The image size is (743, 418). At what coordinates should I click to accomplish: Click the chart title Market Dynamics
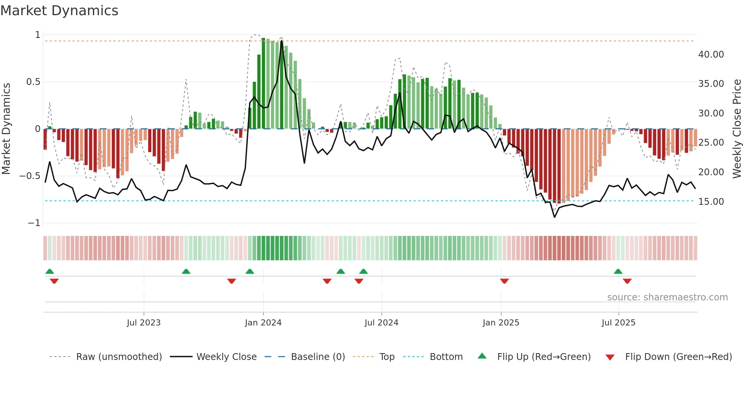click(x=60, y=11)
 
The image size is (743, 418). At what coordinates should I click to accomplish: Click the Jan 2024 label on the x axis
click(x=263, y=323)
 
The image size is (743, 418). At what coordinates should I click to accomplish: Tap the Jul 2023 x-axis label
click(x=144, y=323)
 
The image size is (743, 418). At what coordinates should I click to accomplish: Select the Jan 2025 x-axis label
click(x=501, y=323)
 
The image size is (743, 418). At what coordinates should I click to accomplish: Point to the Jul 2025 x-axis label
click(x=618, y=323)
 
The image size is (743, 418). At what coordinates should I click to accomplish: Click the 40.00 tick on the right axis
click(x=711, y=55)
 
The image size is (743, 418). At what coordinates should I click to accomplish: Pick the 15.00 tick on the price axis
click(x=711, y=202)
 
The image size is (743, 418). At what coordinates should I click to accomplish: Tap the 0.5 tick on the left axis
click(x=33, y=82)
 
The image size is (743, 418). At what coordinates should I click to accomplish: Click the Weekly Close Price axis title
click(x=737, y=129)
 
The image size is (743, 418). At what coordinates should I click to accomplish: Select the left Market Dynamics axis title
click(x=6, y=129)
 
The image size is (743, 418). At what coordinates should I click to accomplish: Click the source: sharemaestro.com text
click(x=667, y=297)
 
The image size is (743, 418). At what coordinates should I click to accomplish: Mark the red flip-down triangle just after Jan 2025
click(x=504, y=281)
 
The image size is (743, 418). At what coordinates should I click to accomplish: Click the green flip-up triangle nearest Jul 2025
click(x=618, y=271)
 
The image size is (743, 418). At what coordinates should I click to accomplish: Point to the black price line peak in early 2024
click(x=282, y=41)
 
